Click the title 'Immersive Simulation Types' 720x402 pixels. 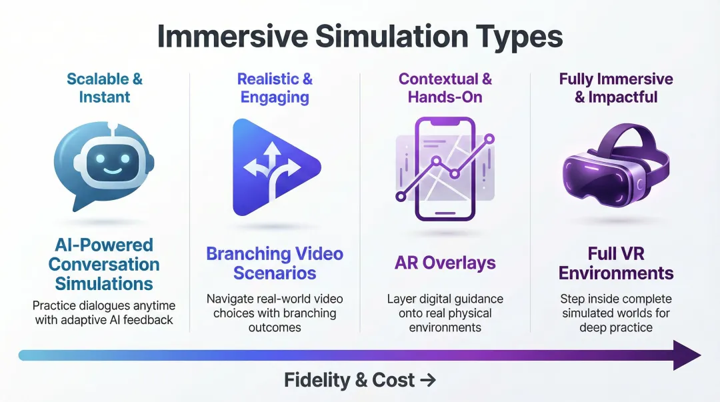pyautogui.click(x=360, y=37)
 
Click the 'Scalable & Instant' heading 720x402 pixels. pyautogui.click(x=105, y=88)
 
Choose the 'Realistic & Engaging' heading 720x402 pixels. pyautogui.click(x=275, y=88)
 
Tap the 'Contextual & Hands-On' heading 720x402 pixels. pyautogui.click(x=445, y=88)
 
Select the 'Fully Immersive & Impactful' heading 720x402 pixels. pyautogui.click(x=616, y=88)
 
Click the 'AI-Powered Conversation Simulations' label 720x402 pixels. pyautogui.click(x=104, y=264)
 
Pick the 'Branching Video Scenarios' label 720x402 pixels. pyautogui.click(x=275, y=263)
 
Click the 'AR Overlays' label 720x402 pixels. pyautogui.click(x=445, y=263)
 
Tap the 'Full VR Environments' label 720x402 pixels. pyautogui.click(x=616, y=263)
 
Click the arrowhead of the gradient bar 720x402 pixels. pyautogui.click(x=687, y=355)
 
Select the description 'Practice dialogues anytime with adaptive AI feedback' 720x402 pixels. pyautogui.click(x=104, y=313)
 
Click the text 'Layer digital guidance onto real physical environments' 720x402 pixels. pyautogui.click(x=445, y=313)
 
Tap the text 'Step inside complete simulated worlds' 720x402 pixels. pyautogui.click(x=616, y=306)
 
